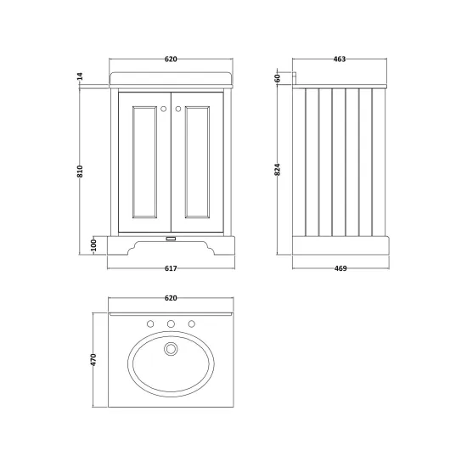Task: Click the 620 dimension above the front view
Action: click(x=171, y=59)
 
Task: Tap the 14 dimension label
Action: click(x=80, y=76)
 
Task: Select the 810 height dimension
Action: click(x=80, y=172)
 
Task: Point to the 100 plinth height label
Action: click(x=93, y=245)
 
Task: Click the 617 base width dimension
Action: click(x=171, y=268)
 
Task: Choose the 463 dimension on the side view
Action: click(x=340, y=59)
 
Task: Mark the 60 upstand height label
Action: click(x=278, y=78)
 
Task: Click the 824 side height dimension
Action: click(x=278, y=170)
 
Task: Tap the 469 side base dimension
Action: click(x=340, y=268)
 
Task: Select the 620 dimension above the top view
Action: click(x=171, y=298)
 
